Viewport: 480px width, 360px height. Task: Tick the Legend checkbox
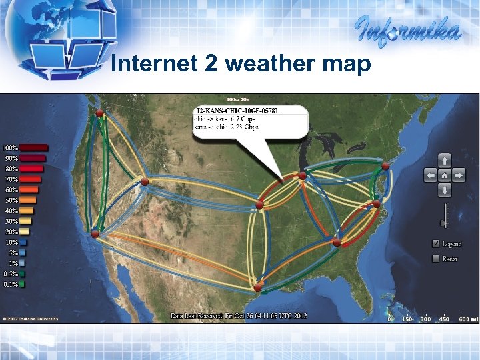pyautogui.click(x=436, y=243)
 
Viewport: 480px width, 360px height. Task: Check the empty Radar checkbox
pyautogui.click(x=436, y=258)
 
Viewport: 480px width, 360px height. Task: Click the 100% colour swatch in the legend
pyautogui.click(x=34, y=147)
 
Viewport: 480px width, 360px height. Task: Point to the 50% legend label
pyautogui.click(x=11, y=200)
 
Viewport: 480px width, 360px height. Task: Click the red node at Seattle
pyautogui.click(x=99, y=114)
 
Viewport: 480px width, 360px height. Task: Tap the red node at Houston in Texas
pyautogui.click(x=257, y=287)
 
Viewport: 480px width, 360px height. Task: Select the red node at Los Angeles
pyautogui.click(x=95, y=233)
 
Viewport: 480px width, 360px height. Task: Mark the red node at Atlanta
pyautogui.click(x=337, y=243)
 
